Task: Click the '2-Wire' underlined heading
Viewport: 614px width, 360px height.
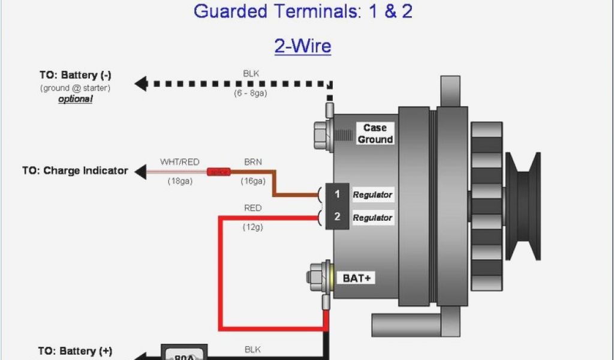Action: tap(303, 46)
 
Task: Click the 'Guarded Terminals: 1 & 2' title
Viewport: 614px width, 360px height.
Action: tap(303, 11)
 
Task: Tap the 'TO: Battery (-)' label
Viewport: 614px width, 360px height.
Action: tap(76, 76)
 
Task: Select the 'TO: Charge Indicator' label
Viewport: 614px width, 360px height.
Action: tap(75, 170)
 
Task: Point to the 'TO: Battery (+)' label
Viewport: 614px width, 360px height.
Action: tap(75, 351)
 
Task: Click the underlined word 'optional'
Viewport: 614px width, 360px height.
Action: tap(76, 99)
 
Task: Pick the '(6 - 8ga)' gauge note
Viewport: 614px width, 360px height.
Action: tap(251, 94)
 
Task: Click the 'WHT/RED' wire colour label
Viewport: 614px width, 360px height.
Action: tap(179, 161)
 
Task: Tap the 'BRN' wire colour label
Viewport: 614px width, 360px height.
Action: tap(252, 161)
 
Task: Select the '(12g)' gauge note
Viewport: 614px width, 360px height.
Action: tap(252, 227)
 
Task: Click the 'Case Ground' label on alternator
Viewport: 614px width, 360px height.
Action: tap(375, 133)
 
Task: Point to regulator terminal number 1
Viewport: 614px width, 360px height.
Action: tap(338, 194)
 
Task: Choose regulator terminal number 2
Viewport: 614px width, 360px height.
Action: tap(338, 217)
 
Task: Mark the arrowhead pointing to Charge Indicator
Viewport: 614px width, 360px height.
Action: tap(140, 172)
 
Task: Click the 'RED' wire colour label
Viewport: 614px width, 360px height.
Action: tap(252, 208)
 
